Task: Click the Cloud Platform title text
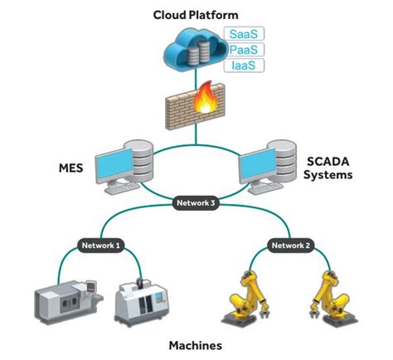coord(196,14)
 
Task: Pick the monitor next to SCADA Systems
coord(258,168)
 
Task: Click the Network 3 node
coord(196,202)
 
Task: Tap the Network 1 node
coord(101,245)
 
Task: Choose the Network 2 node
coord(291,245)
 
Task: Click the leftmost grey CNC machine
coord(66,297)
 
